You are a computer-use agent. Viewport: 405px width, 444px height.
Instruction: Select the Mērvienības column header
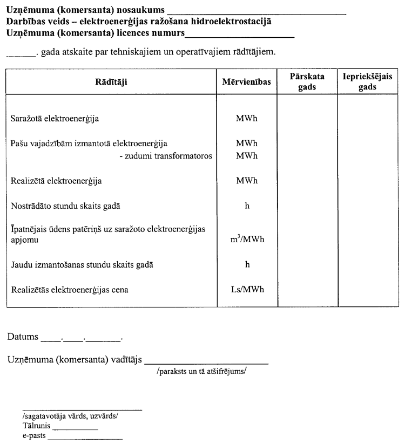(x=246, y=82)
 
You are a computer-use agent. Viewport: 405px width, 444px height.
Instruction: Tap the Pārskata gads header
(x=307, y=82)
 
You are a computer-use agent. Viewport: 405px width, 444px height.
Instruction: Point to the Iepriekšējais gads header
(x=367, y=82)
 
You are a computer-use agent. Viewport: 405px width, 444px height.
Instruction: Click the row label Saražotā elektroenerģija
(x=55, y=118)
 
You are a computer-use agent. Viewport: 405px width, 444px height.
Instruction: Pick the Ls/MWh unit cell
(x=246, y=290)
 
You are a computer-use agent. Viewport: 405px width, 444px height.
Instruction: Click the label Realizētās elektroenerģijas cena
(x=70, y=290)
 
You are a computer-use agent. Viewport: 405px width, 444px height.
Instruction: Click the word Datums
(x=23, y=337)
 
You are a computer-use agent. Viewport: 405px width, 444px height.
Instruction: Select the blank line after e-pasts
(x=85, y=438)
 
